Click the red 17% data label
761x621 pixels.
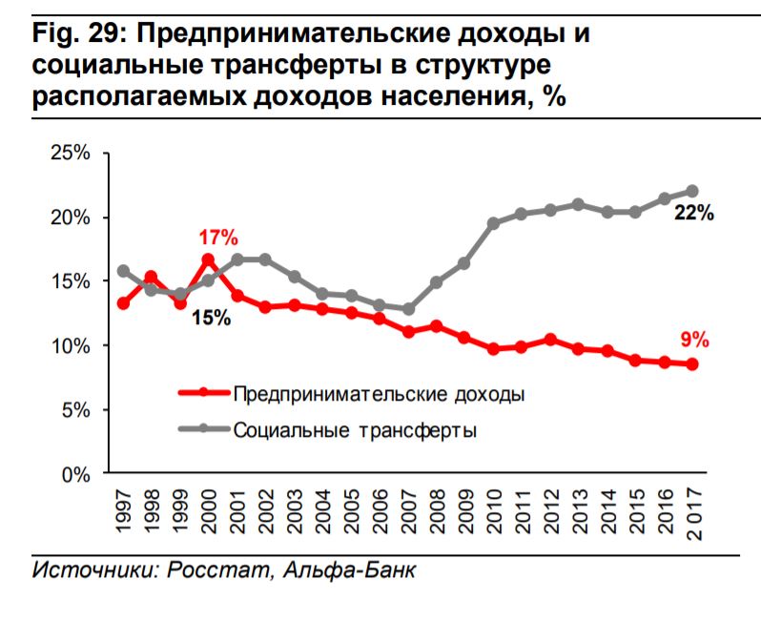click(x=218, y=238)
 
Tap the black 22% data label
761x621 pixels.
click(x=694, y=214)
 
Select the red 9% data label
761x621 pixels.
click(x=693, y=340)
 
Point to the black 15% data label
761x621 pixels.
click(x=211, y=318)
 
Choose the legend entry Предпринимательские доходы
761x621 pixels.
click(x=380, y=392)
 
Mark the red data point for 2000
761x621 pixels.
click(x=208, y=259)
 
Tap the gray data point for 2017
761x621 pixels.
click(x=692, y=191)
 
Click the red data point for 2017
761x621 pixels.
click(x=692, y=364)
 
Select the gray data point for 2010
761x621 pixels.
click(x=493, y=223)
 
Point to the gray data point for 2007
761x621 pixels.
click(x=408, y=309)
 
